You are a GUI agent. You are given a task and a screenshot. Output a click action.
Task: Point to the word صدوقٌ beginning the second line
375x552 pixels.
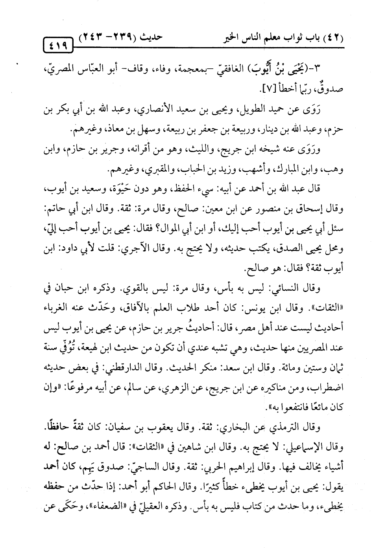point(333,90)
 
